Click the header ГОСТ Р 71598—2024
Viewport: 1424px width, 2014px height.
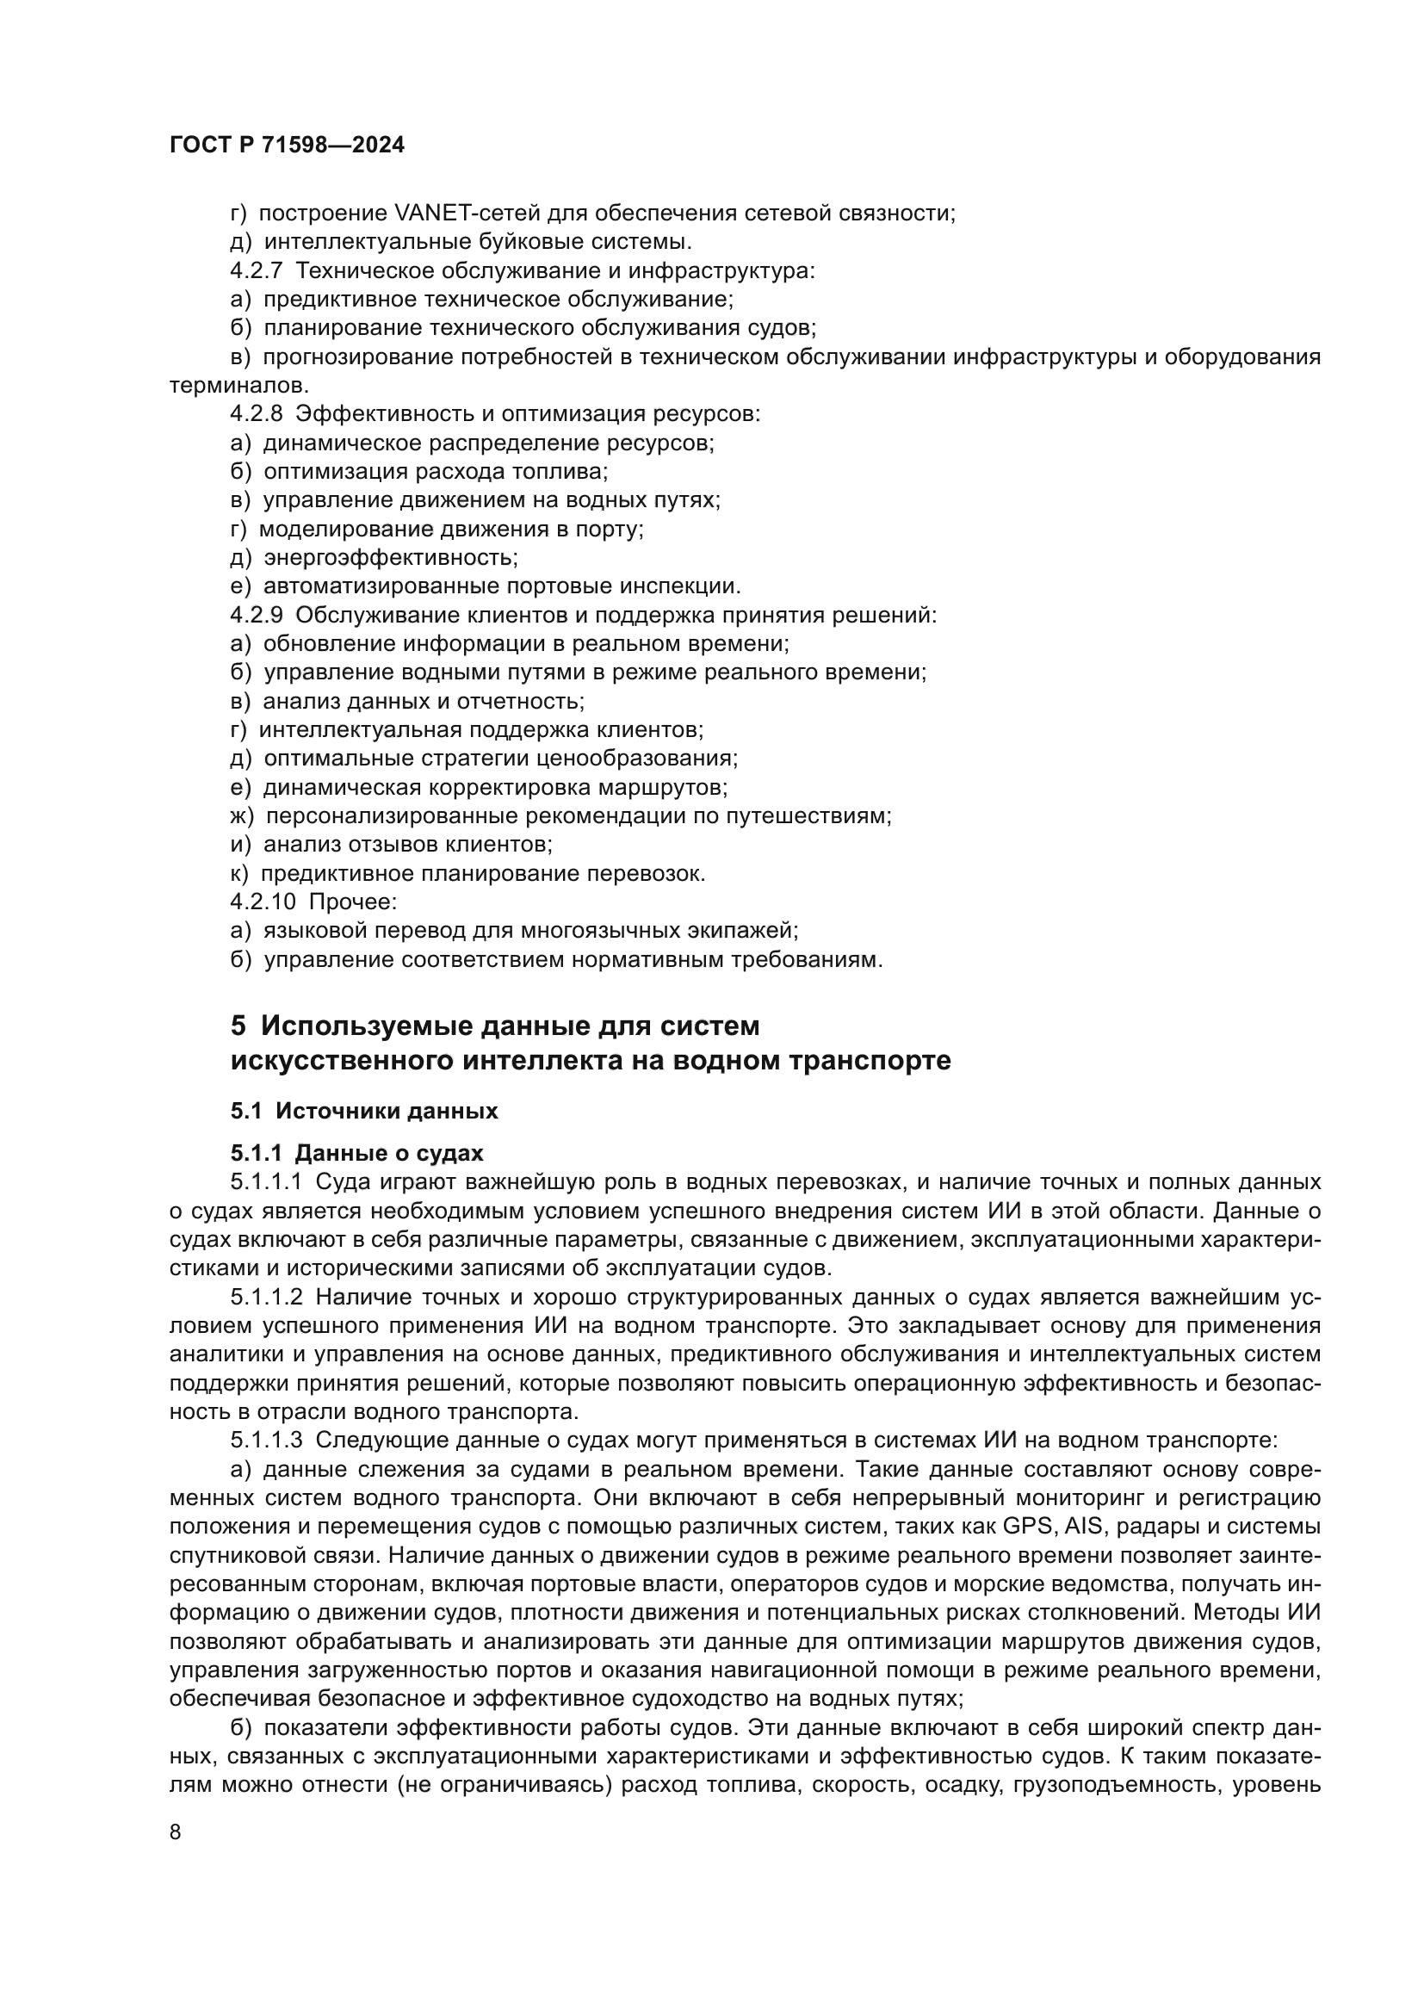[x=287, y=146]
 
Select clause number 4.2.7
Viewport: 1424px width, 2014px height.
[x=256, y=271]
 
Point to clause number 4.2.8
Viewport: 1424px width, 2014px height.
[x=256, y=414]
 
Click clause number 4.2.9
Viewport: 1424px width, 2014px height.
[x=256, y=616]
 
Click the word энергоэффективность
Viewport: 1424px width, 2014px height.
[x=390, y=558]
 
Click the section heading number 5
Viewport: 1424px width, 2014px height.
[x=238, y=1026]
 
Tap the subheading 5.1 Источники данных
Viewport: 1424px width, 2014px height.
[x=364, y=1112]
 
